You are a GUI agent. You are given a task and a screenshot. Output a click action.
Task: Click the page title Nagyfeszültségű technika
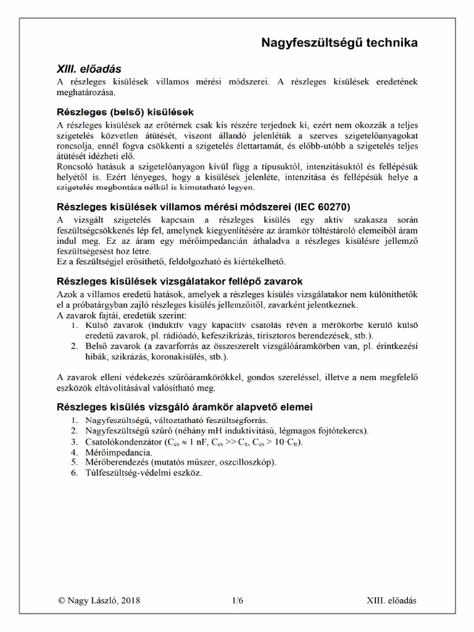point(339,43)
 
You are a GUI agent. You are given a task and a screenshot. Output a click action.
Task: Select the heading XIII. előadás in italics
point(90,69)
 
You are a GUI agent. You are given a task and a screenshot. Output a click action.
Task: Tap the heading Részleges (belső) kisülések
point(125,112)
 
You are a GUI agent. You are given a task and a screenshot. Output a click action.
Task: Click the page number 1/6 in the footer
point(238,600)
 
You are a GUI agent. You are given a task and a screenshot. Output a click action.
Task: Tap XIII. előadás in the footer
point(392,600)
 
